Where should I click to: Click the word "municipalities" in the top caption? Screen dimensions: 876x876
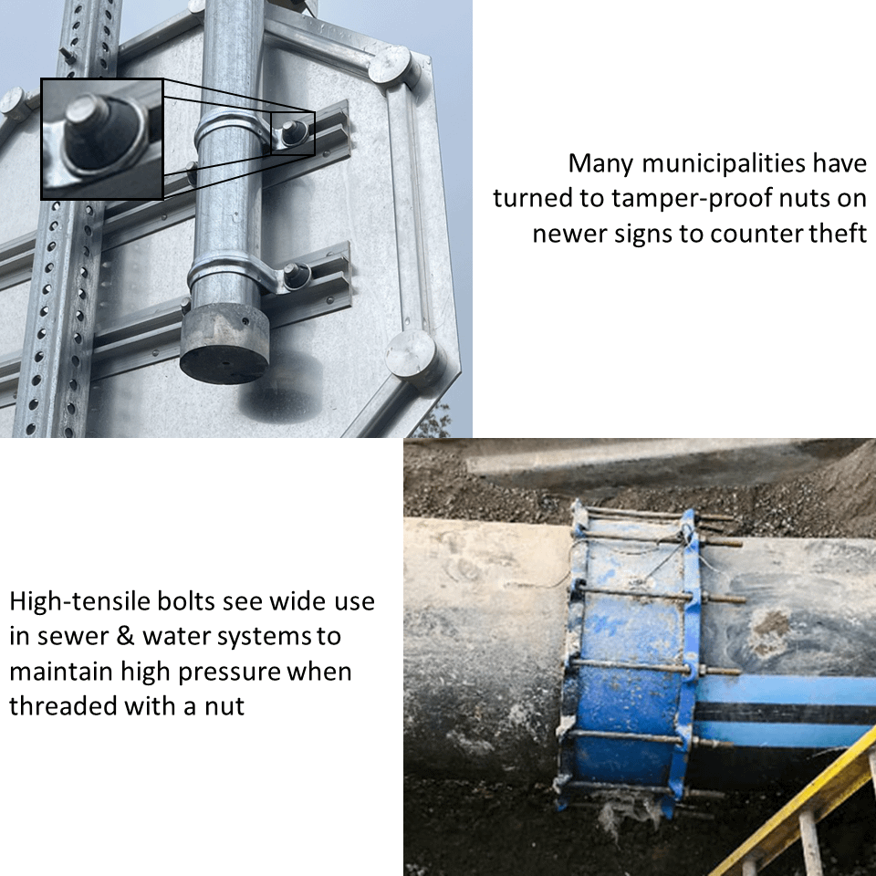pyautogui.click(x=723, y=163)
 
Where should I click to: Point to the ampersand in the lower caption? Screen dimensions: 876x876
pyautogui.click(x=126, y=636)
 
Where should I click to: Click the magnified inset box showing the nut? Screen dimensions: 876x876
pyautogui.click(x=101, y=139)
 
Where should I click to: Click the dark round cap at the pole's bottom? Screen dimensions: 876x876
pyautogui.click(x=224, y=345)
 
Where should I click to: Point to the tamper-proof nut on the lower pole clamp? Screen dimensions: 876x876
pyautogui.click(x=295, y=276)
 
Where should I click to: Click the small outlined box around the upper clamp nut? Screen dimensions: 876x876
pyautogui.click(x=293, y=133)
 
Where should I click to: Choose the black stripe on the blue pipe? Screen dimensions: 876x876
pyautogui.click(x=785, y=713)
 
